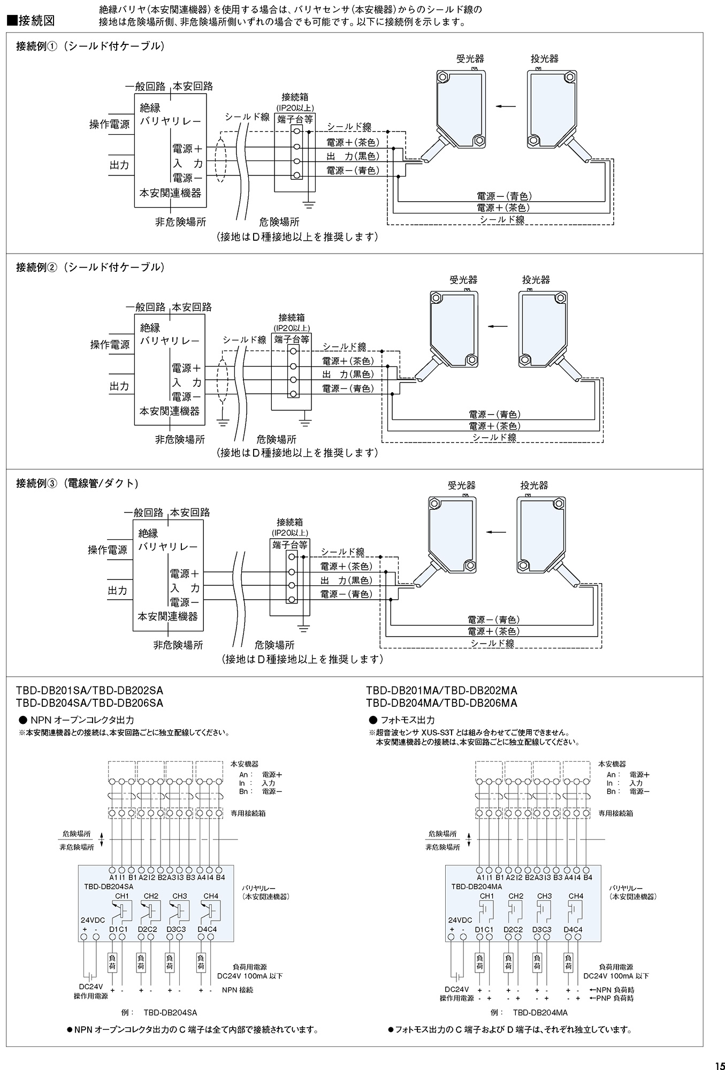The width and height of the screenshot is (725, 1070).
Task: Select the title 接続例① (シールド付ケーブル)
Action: coord(90,46)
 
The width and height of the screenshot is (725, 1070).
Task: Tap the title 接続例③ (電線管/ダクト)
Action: coord(77,483)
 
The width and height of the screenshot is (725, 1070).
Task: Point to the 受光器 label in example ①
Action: coord(470,58)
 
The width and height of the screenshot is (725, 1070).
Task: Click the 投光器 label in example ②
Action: coord(536,280)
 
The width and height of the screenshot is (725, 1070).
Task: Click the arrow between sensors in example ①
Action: coord(506,106)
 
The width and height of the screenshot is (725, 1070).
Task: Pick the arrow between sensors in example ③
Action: coord(496,532)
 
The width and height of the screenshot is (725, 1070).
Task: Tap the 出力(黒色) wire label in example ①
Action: coord(352,156)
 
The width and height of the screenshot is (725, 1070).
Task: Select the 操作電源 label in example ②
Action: coord(110,345)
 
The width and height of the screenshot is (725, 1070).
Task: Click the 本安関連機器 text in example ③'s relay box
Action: coord(167,616)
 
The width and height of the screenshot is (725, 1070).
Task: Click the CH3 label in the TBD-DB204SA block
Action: coord(179,896)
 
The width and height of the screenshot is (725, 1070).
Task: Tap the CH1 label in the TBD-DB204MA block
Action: coord(487,896)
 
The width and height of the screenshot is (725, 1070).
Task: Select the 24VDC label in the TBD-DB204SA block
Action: coord(93,920)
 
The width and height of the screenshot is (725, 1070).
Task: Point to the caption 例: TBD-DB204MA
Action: coord(529,1012)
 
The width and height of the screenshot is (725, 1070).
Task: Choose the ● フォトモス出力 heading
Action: coord(402,720)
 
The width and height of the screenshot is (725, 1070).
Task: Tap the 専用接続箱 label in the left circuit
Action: coord(248,813)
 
